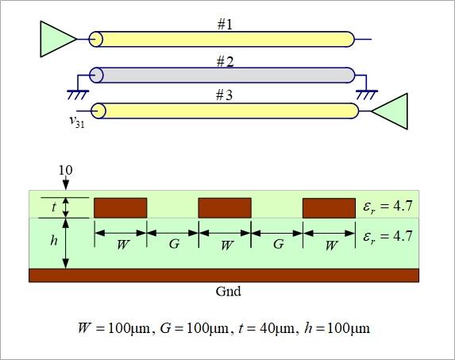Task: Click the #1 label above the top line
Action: click(x=225, y=25)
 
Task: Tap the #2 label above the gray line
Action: click(x=226, y=62)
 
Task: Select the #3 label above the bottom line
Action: click(x=224, y=95)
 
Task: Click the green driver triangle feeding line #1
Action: click(x=58, y=39)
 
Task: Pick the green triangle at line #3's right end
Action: click(x=390, y=111)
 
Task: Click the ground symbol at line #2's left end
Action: click(x=78, y=95)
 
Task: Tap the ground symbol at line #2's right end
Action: click(x=367, y=95)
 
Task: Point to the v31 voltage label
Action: click(x=77, y=121)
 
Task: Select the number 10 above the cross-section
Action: click(x=66, y=170)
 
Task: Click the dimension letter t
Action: click(x=54, y=207)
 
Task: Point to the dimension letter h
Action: click(x=54, y=240)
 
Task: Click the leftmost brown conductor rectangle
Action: click(x=121, y=208)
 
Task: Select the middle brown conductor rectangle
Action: click(x=225, y=208)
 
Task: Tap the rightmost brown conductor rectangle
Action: click(x=329, y=208)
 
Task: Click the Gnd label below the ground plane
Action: click(x=228, y=291)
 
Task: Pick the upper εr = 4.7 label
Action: click(x=388, y=207)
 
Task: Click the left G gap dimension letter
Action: click(x=174, y=244)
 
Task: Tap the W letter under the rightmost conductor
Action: click(x=330, y=246)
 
